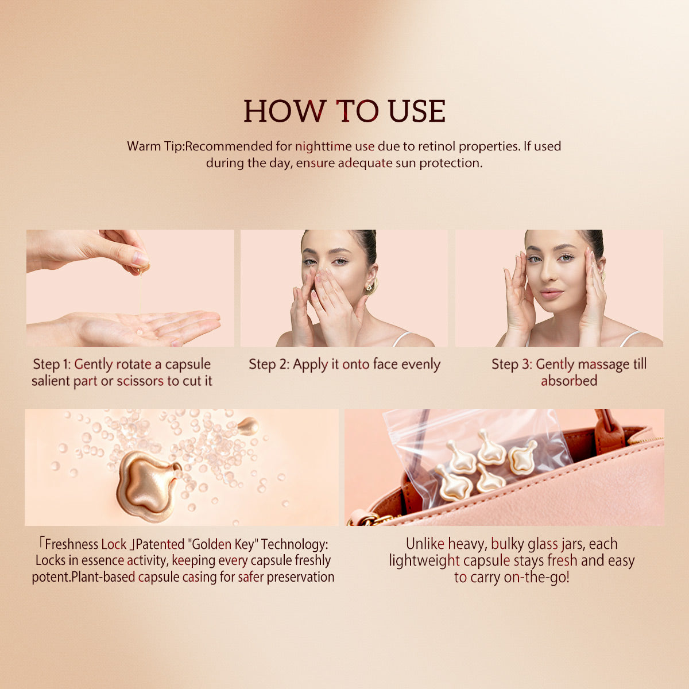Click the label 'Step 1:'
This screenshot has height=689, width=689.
(x=52, y=364)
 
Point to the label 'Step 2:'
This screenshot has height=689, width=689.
(x=269, y=364)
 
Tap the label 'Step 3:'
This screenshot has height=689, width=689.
(x=512, y=364)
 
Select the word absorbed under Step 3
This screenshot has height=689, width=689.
(x=569, y=381)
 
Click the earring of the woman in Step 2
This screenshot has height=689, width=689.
(x=370, y=285)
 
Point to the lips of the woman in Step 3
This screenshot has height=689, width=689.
(x=551, y=293)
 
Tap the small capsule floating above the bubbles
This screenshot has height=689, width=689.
(x=247, y=426)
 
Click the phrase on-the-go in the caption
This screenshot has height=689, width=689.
(x=536, y=577)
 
